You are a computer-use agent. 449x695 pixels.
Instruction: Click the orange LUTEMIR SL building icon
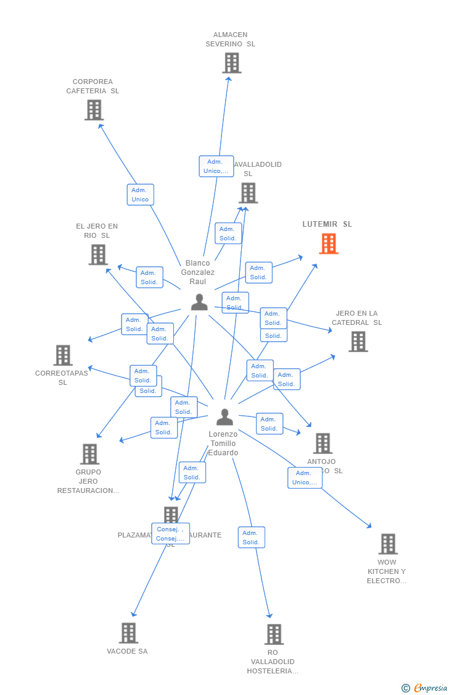click(329, 244)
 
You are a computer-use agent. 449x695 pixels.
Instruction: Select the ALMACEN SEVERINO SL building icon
click(232, 63)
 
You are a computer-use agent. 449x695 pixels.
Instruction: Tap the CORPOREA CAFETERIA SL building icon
click(94, 110)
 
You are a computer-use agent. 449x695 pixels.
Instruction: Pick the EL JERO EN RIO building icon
click(98, 255)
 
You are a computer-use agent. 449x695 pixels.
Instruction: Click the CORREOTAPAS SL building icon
click(63, 355)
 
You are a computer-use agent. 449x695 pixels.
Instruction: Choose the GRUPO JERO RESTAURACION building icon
click(89, 454)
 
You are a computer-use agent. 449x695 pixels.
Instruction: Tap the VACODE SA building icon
click(128, 633)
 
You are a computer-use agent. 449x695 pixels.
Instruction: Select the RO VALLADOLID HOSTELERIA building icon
click(274, 634)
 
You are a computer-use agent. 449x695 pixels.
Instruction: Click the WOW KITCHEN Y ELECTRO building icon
click(388, 544)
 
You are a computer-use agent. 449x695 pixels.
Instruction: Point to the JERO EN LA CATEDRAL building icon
click(358, 342)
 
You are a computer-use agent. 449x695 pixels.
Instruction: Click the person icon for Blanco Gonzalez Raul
click(199, 302)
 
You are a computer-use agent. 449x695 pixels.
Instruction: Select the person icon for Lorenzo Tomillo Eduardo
click(224, 417)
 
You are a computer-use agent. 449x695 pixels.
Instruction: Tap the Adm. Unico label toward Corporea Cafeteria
click(140, 195)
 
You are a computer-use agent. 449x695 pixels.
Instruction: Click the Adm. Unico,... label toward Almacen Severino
click(216, 166)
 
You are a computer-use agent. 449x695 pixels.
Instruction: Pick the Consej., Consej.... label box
click(170, 534)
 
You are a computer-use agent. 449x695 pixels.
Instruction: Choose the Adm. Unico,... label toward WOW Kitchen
click(305, 478)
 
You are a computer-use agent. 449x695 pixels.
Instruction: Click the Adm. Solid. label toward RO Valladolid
click(251, 537)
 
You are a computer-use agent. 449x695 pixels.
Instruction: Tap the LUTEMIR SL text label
click(327, 224)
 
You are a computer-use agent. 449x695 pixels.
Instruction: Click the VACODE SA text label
click(127, 651)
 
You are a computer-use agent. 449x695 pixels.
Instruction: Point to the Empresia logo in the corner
click(425, 688)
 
